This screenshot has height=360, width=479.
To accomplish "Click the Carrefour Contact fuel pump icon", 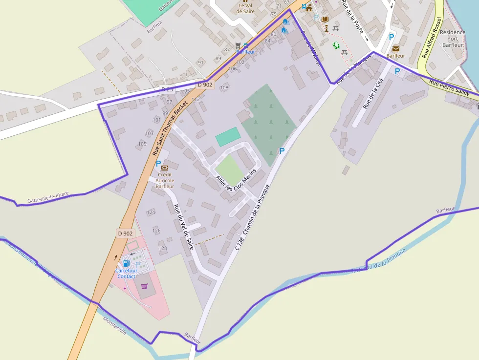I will click(x=126, y=264).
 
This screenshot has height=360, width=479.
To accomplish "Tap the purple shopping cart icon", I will click(x=144, y=286).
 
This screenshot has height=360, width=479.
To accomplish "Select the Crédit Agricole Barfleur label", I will click(x=165, y=180).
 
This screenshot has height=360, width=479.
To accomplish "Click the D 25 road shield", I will click(x=167, y=89).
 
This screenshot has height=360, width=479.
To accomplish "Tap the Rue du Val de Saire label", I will click(x=183, y=227).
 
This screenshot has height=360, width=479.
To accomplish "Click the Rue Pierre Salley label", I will click(x=449, y=87).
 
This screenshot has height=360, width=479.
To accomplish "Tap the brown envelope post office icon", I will click(x=395, y=48).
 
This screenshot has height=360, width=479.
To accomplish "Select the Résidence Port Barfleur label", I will click(x=453, y=39).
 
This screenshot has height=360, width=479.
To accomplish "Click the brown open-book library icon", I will click(x=325, y=19).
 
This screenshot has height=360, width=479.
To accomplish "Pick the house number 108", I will click(x=224, y=88).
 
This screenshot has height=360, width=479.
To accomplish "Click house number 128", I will click(x=163, y=248).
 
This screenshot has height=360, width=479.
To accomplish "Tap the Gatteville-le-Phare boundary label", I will click(x=48, y=197).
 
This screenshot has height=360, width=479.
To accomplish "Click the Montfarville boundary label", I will click(x=115, y=326).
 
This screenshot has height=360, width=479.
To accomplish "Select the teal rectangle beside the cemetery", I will click(x=228, y=137).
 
